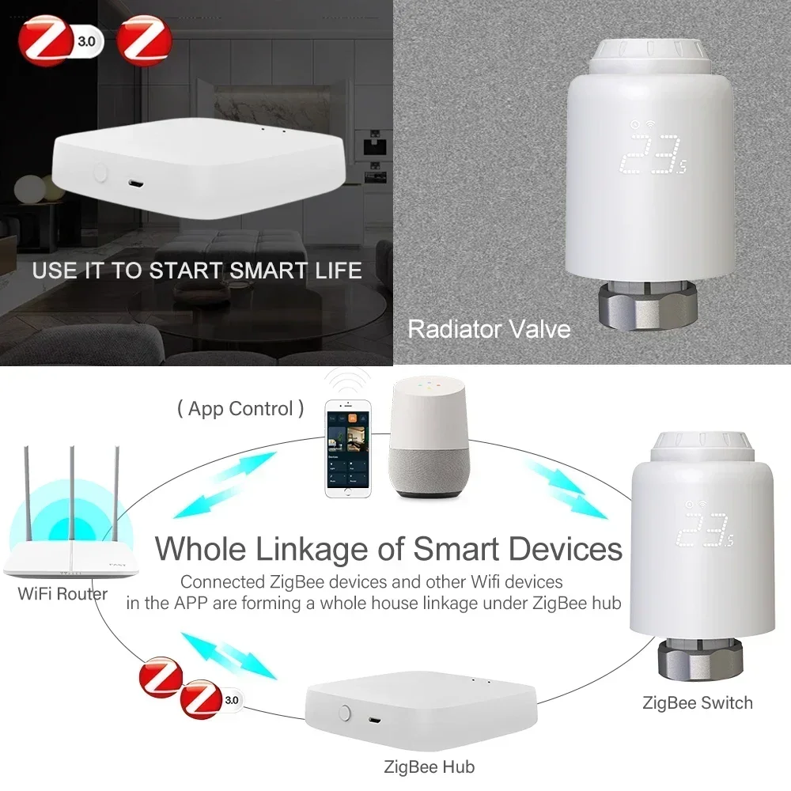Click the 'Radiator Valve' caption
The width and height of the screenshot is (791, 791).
tap(489, 328)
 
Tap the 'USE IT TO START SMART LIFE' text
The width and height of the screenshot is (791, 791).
tap(197, 271)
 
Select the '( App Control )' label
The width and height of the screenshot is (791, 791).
tap(240, 409)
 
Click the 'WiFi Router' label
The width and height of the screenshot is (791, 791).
tap(62, 592)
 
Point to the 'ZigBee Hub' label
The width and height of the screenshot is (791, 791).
tap(429, 766)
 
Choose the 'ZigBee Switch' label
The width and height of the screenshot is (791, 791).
tap(698, 702)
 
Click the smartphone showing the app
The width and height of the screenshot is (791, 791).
tap(349, 450)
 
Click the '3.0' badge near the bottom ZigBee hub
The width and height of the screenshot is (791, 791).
tap(231, 699)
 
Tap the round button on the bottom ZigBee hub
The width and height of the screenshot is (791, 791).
tap(344, 712)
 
